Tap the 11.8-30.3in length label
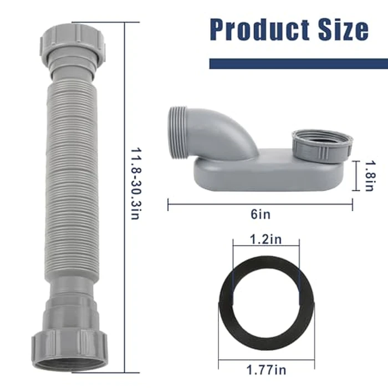134,183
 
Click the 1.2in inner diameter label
266,241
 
